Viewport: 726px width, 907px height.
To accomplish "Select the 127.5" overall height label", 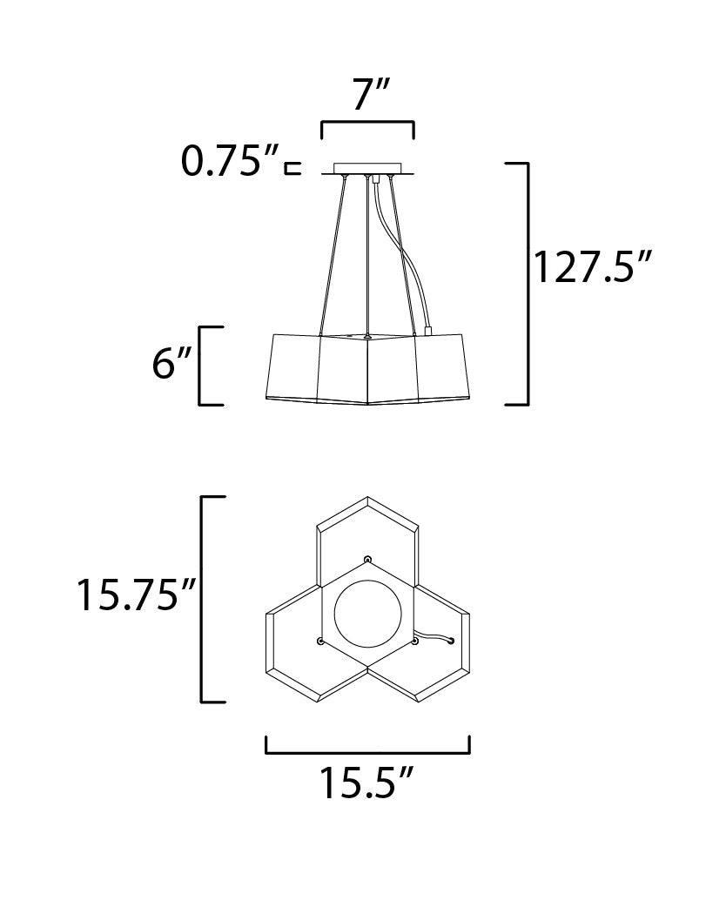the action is tap(592, 266).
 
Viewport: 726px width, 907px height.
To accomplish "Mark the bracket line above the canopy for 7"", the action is tap(368, 123).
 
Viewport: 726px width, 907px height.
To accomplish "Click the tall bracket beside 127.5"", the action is tap(528, 284).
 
